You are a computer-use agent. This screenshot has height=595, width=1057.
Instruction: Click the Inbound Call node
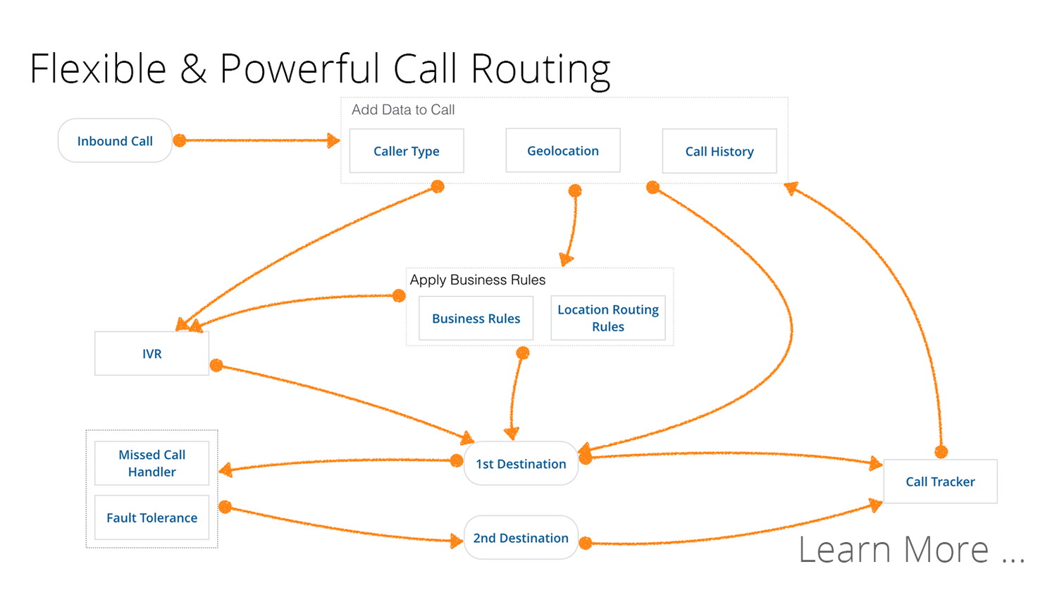click(115, 141)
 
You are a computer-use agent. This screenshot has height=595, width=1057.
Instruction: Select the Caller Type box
click(407, 151)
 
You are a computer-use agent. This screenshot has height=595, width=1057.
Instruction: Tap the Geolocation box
click(563, 150)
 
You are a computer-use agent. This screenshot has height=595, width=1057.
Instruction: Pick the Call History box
click(719, 151)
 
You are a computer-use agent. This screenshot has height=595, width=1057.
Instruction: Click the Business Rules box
click(476, 318)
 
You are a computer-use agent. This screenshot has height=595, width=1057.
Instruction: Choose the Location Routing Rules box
click(607, 318)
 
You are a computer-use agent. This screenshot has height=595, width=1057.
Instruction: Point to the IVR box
click(152, 353)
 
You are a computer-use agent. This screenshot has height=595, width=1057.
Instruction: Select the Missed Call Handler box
click(152, 463)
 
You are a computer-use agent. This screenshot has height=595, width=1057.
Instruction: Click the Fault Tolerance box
click(152, 517)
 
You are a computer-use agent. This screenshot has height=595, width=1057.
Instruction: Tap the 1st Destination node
click(521, 463)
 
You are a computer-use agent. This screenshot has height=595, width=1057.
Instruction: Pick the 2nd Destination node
click(521, 538)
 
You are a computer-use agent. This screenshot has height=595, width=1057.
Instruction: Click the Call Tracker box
click(940, 481)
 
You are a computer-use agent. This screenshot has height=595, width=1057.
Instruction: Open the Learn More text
click(910, 549)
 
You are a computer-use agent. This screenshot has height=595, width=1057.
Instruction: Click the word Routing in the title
click(540, 70)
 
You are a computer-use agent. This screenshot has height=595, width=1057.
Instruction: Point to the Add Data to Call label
click(403, 110)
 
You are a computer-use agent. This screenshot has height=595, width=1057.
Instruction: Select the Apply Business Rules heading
click(478, 280)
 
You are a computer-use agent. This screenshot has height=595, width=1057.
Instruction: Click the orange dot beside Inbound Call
click(180, 140)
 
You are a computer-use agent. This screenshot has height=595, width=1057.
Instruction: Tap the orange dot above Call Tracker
click(941, 452)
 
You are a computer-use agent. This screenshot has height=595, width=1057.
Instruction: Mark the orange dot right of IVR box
click(216, 365)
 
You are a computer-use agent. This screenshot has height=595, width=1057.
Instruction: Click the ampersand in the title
click(192, 70)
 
